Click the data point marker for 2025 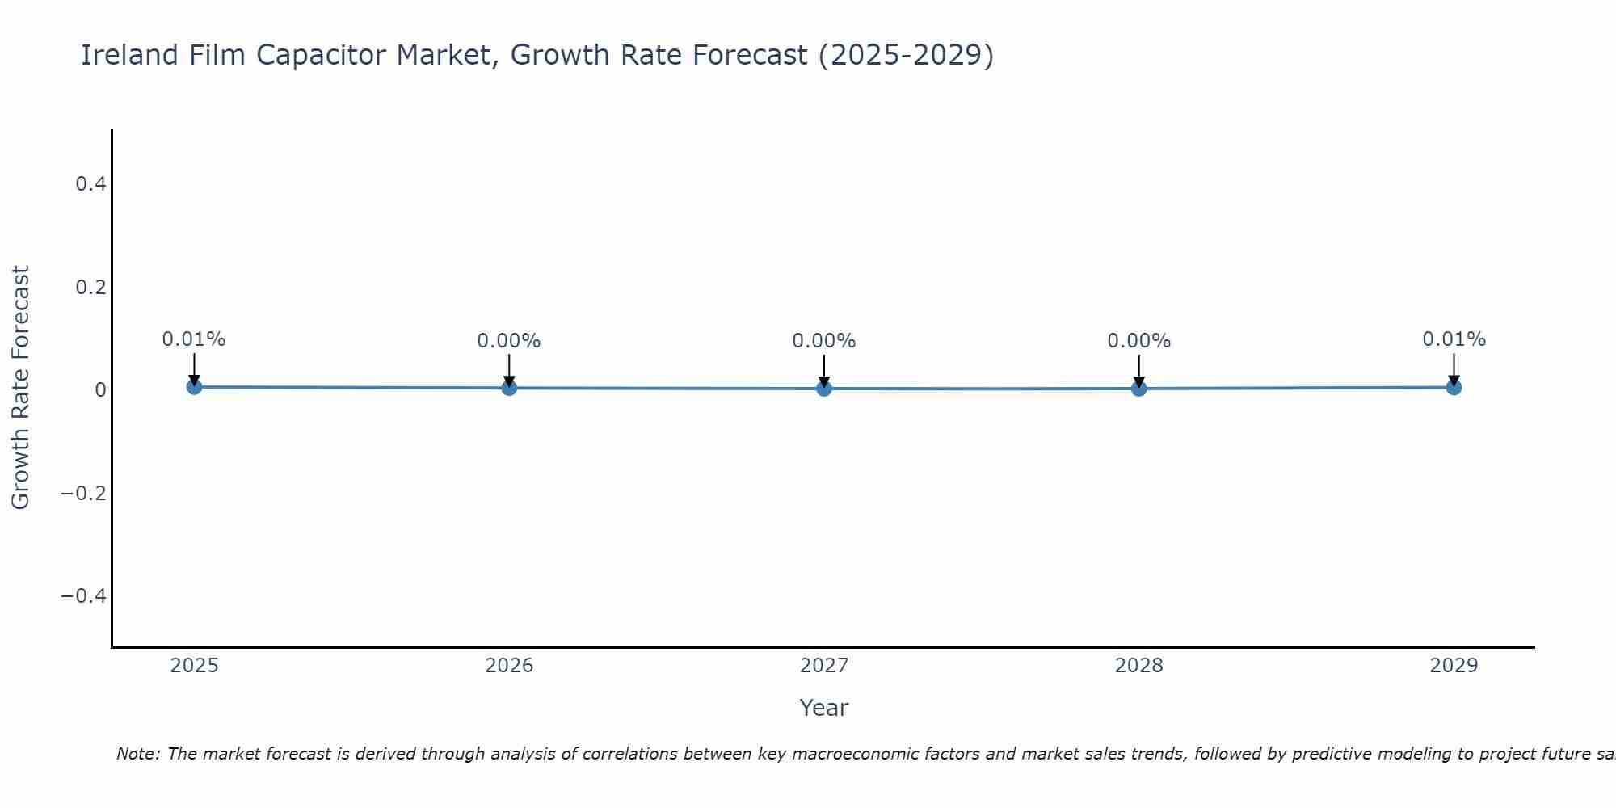click(x=194, y=387)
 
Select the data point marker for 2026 click(x=509, y=388)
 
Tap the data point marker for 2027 click(x=824, y=389)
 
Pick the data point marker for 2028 click(x=1138, y=389)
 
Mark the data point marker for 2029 click(x=1454, y=387)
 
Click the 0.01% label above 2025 click(x=194, y=339)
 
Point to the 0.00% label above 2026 click(x=509, y=341)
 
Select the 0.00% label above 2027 click(x=824, y=341)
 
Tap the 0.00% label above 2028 click(x=1138, y=341)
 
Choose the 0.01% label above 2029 click(x=1454, y=339)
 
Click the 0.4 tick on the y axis click(x=90, y=184)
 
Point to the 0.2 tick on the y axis click(x=90, y=288)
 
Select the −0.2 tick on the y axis click(x=84, y=493)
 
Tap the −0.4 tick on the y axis click(x=84, y=596)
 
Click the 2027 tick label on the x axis click(x=824, y=666)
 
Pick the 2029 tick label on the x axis click(x=1454, y=666)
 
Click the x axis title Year click(x=824, y=708)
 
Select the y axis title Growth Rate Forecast click(x=20, y=388)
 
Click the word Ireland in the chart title click(x=129, y=55)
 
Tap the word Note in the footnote click(x=137, y=754)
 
